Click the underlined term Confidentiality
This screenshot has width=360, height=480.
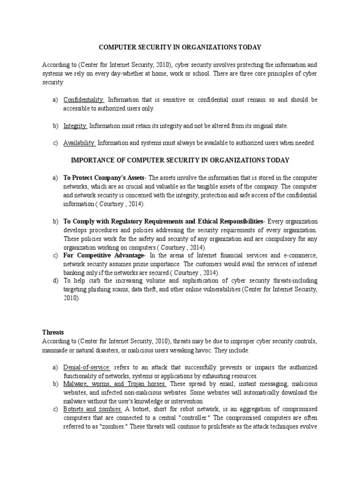click(85, 100)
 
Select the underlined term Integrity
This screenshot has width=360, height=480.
click(75, 126)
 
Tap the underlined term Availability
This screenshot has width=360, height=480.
click(80, 143)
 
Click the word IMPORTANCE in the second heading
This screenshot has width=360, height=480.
click(92, 160)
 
